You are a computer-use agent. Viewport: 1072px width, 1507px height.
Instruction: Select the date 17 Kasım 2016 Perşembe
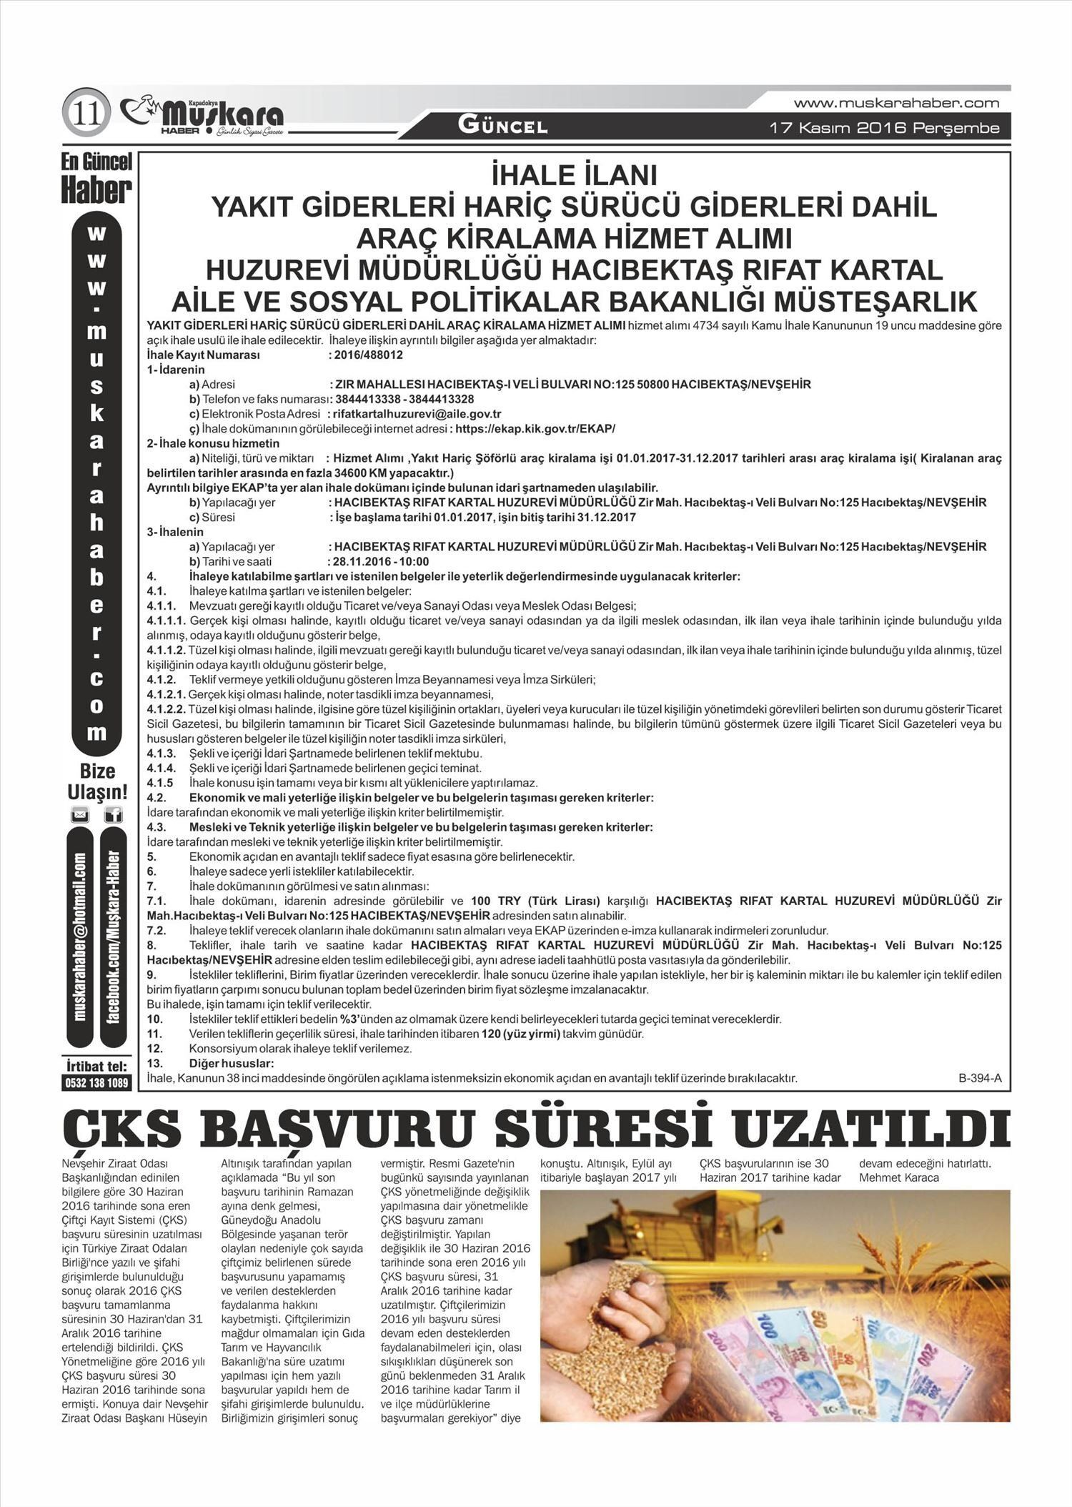[x=883, y=129]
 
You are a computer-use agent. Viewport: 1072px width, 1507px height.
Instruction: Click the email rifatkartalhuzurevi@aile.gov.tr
[x=417, y=414]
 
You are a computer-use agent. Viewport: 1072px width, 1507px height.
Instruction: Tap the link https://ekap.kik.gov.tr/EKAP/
[x=535, y=429]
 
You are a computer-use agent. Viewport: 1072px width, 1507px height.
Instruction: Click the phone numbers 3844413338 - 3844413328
[x=404, y=399]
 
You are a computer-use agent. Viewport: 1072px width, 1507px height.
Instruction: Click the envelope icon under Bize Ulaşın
[x=79, y=814]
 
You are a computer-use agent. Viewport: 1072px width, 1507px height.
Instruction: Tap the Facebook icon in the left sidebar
[x=113, y=814]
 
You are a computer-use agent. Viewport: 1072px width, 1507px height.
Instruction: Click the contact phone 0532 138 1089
[x=96, y=1083]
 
